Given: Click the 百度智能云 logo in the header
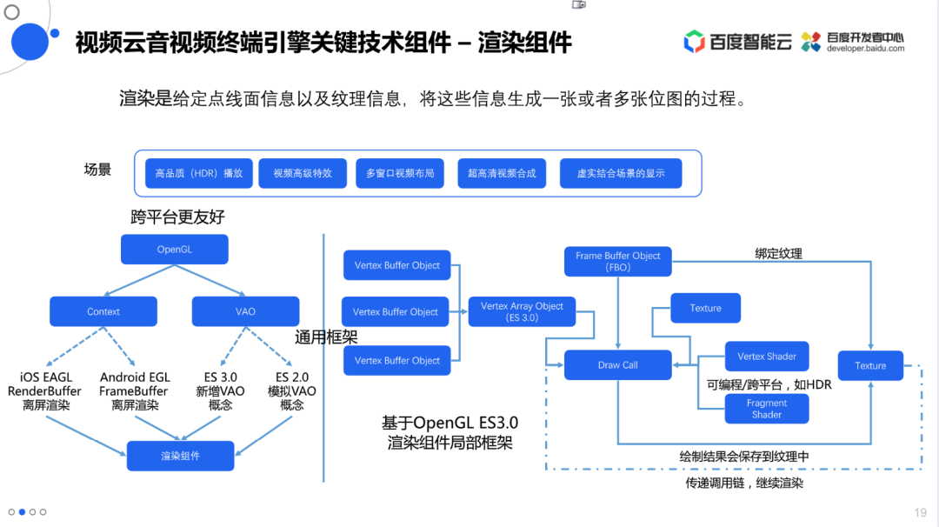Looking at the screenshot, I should (x=737, y=41).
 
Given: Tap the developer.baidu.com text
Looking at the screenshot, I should (x=865, y=49).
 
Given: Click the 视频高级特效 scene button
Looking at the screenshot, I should (x=303, y=173).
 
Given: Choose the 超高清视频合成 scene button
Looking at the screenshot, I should (x=502, y=173).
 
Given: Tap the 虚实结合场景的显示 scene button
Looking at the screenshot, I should (x=621, y=173).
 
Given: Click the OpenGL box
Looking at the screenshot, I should (x=174, y=250).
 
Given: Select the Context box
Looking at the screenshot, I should (x=103, y=311).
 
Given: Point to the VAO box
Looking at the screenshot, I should (x=245, y=311).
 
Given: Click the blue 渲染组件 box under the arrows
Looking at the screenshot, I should (x=180, y=456).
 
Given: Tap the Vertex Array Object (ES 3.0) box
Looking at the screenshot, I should (x=522, y=312).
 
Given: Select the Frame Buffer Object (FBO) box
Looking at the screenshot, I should (x=618, y=261).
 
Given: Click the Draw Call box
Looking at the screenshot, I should (x=618, y=365).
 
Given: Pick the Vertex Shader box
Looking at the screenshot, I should (x=767, y=357).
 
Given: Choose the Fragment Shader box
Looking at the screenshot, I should (x=767, y=409).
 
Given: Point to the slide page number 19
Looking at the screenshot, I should (x=920, y=512).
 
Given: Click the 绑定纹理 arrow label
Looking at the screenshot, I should (x=778, y=254).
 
